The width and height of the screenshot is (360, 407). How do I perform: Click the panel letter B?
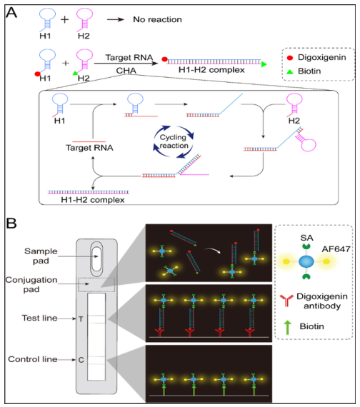13,224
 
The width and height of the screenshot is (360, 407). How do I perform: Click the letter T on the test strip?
81,320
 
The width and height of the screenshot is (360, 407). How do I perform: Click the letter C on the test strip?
81,359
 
